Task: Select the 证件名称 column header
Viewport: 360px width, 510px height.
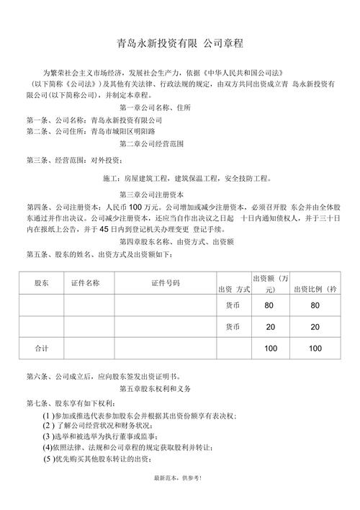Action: click(x=85, y=283)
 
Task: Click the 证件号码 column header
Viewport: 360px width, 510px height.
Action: click(x=166, y=284)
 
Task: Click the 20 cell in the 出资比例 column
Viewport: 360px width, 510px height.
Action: click(x=315, y=327)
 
